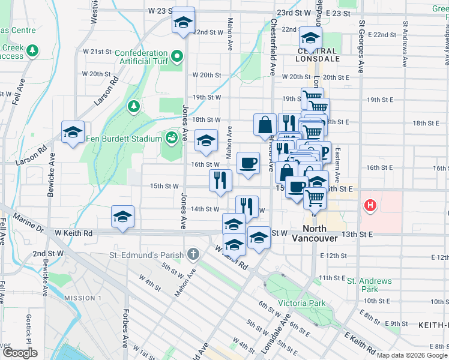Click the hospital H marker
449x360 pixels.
370,206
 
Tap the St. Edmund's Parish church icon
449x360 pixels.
193,254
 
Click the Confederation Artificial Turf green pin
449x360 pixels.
176,57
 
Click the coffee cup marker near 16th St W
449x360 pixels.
248,163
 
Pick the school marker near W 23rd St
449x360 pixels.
182,22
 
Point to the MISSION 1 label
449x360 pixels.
83,298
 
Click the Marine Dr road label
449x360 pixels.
26,221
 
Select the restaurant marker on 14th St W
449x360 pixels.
247,206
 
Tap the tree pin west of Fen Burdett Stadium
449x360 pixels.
133,106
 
